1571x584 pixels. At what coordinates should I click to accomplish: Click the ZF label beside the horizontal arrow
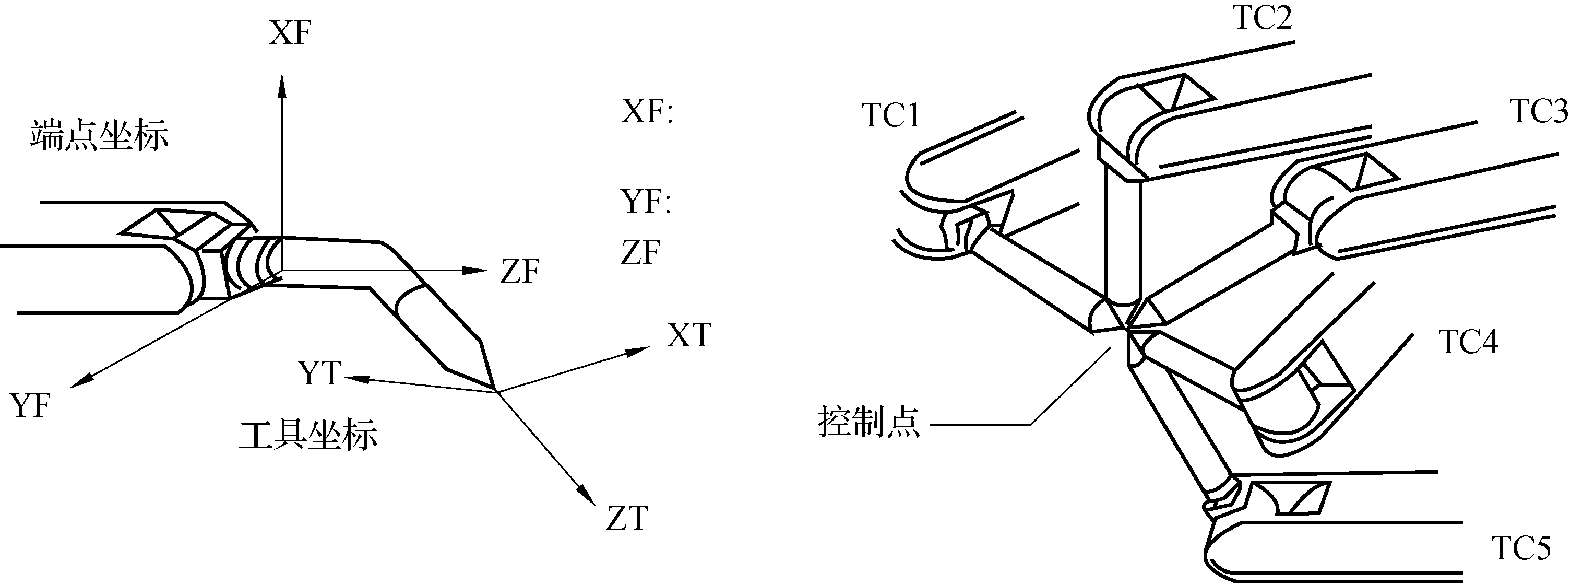[x=520, y=272]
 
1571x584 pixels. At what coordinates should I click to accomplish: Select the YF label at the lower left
[x=30, y=406]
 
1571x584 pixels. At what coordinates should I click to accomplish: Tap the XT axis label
[x=688, y=335]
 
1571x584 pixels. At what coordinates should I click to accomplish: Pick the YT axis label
[x=319, y=373]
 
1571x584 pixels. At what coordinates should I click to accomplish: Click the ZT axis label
[x=626, y=519]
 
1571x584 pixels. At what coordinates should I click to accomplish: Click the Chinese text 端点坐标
[x=99, y=135]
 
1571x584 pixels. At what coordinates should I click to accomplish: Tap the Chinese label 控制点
[x=868, y=422]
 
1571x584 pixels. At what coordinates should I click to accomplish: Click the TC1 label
[x=891, y=115]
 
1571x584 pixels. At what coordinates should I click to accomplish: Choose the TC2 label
[x=1263, y=18]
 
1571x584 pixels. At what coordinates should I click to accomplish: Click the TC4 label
[x=1469, y=342]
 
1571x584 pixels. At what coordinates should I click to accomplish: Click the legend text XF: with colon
[x=647, y=112]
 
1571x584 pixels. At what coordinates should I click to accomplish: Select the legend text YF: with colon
[x=646, y=202]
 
